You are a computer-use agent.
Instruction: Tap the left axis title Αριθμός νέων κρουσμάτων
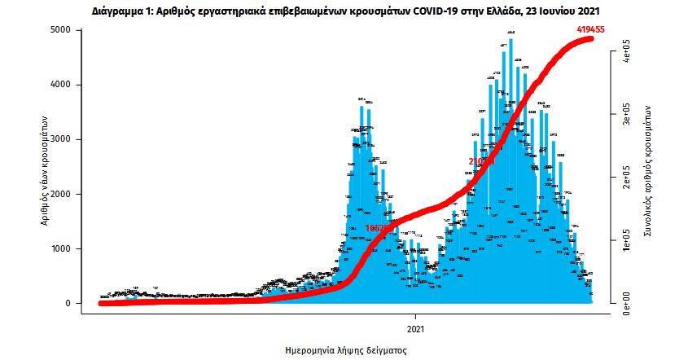tap(46, 167)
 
